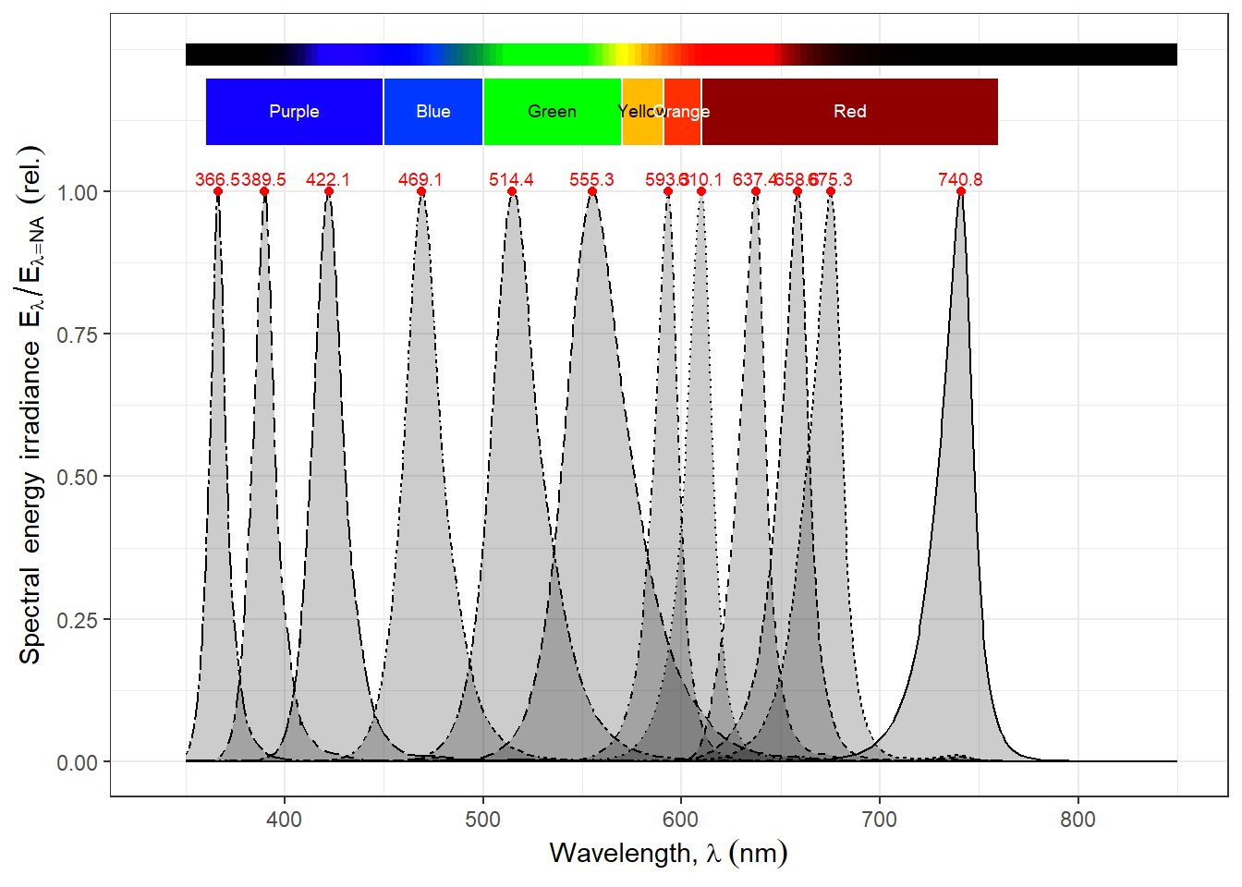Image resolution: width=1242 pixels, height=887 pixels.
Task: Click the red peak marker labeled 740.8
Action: pos(961,191)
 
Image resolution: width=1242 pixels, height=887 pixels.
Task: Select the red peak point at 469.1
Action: pos(421,191)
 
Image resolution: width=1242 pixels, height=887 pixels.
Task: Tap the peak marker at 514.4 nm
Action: pos(512,191)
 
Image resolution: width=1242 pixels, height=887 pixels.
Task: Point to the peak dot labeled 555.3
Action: pos(592,191)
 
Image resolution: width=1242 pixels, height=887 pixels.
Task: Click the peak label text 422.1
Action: pos(328,179)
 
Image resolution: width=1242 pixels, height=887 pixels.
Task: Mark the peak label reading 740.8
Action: pos(960,179)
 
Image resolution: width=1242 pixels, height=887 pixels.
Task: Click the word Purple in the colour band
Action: pos(294,112)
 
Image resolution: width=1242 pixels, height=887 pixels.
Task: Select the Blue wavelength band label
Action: pos(433,112)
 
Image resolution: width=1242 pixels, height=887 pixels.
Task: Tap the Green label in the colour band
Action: pos(552,112)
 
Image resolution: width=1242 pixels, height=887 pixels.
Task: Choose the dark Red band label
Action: pos(850,112)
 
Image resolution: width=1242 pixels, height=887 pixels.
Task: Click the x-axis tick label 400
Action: pos(284,820)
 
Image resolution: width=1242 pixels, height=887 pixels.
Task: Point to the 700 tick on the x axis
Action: pos(879,820)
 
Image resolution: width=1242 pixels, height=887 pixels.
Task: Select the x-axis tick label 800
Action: pos(1078,820)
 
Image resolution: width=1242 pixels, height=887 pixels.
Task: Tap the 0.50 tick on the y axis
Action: pos(77,477)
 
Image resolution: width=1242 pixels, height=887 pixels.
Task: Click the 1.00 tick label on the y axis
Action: pos(77,192)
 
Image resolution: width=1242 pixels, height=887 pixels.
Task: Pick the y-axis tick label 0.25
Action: pos(77,620)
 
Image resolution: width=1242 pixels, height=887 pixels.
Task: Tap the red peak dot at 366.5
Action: pos(218,191)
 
